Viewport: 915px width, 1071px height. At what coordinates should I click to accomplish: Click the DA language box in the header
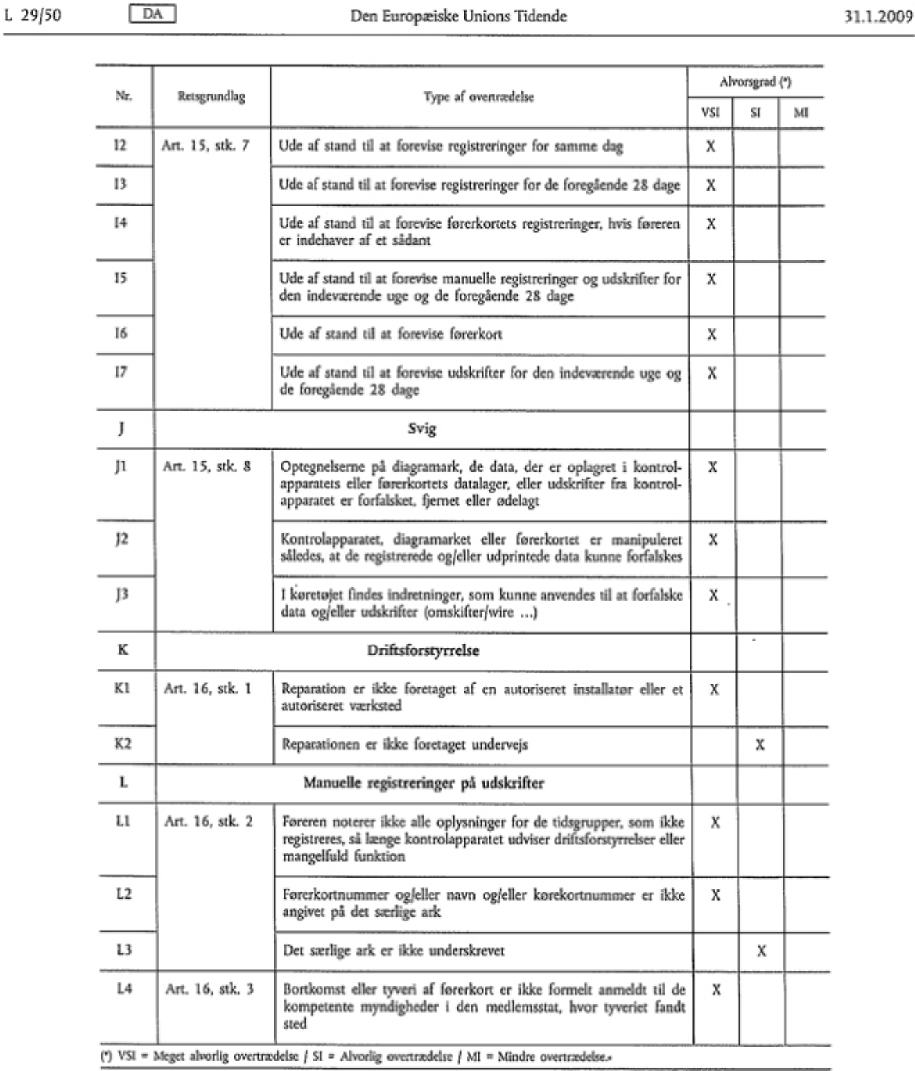152,15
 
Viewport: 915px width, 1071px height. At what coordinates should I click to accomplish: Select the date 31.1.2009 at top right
878,16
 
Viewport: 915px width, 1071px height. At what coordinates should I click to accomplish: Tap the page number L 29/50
33,15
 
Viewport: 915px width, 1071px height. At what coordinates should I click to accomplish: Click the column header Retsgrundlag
211,97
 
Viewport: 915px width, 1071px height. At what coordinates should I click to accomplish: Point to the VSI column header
710,112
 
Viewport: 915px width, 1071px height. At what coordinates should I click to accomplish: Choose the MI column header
801,112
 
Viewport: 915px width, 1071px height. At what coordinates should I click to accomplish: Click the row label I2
121,145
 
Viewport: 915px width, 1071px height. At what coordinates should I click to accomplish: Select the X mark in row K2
760,745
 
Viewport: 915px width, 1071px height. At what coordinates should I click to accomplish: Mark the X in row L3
761,951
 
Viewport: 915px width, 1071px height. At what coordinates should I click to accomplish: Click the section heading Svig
422,429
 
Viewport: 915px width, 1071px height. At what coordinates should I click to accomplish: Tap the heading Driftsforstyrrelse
423,650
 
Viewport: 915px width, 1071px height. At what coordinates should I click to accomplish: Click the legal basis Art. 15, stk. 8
207,467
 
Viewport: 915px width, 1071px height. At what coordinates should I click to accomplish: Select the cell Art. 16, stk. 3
209,989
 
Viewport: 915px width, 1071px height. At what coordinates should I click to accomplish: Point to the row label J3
122,594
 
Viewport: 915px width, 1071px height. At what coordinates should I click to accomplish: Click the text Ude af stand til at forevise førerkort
391,334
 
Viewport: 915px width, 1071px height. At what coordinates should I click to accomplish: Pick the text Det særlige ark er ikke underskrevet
394,951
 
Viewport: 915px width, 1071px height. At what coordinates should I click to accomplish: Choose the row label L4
123,989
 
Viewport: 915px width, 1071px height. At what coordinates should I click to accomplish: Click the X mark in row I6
711,335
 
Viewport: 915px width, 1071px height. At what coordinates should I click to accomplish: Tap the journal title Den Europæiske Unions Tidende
458,16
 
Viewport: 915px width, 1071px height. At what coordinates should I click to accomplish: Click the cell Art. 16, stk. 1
207,689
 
